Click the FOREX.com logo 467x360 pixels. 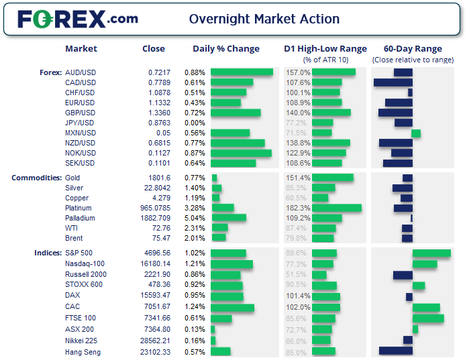pyautogui.click(x=77, y=19)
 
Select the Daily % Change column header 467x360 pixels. pyautogui.click(x=225, y=49)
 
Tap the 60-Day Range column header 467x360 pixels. pyautogui.click(x=412, y=49)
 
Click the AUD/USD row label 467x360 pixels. pyautogui.click(x=80, y=72)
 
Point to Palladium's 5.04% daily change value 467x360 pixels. pyautogui.click(x=195, y=218)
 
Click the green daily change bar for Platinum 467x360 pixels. pyautogui.click(x=223, y=208)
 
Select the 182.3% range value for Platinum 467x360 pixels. pyautogui.click(x=298, y=208)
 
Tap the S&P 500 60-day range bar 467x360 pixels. pyautogui.click(x=431, y=253)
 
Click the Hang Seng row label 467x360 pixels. pyautogui.click(x=83, y=352)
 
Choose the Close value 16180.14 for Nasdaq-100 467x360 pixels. pyautogui.click(x=156, y=264)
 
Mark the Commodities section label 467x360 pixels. pyautogui.click(x=36, y=178)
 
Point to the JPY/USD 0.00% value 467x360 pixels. pyautogui.click(x=195, y=123)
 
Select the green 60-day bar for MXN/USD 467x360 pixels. pyautogui.click(x=416, y=133)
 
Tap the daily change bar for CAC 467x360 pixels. pyautogui.click(x=232, y=308)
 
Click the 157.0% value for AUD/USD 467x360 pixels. pyautogui.click(x=298, y=72)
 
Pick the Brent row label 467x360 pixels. pyautogui.click(x=74, y=238)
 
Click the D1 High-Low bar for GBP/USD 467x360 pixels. pyautogui.click(x=331, y=113)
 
